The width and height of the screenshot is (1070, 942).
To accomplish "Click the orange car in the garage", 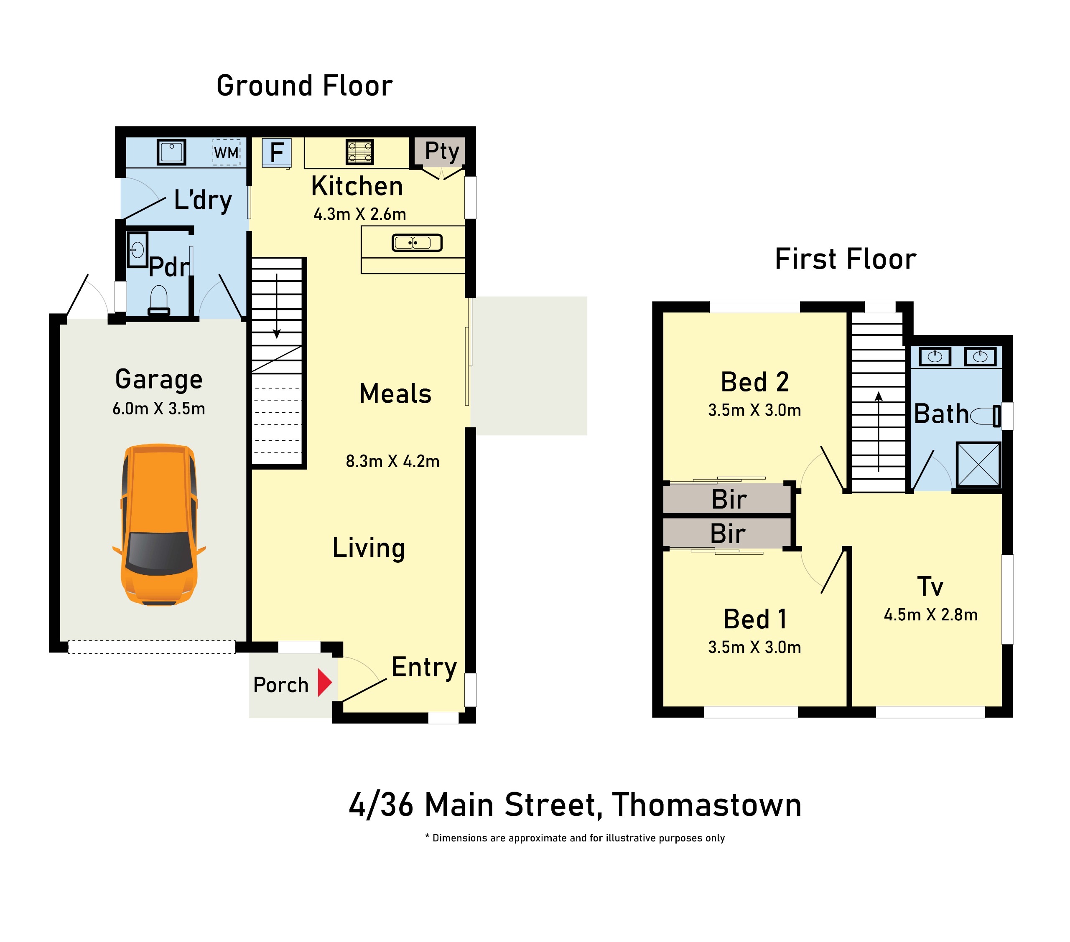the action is tap(159, 525).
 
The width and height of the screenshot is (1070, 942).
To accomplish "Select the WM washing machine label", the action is tap(227, 153).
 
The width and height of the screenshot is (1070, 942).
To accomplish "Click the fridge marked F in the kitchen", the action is tap(276, 153).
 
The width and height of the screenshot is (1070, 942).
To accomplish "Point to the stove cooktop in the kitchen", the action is tap(360, 152).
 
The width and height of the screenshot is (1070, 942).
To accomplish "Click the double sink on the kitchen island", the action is tap(417, 243).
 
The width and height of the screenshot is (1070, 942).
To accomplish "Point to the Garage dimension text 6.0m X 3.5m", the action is tap(158, 408).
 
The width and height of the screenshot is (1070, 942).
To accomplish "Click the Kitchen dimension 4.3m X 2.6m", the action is tap(359, 214).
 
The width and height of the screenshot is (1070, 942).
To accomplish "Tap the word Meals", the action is tap(395, 394).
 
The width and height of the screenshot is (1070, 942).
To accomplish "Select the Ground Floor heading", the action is tap(305, 86).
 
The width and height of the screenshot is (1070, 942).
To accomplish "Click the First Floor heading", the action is tap(846, 259).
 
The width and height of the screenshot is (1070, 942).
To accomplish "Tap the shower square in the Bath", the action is tap(978, 465).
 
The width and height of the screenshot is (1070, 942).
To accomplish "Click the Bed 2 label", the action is tap(754, 382).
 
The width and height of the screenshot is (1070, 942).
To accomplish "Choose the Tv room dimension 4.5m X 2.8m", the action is tap(931, 614).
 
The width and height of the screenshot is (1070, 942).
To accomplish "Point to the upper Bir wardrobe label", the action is tap(729, 499).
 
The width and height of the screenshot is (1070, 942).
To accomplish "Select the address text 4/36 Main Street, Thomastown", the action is tap(575, 805).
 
